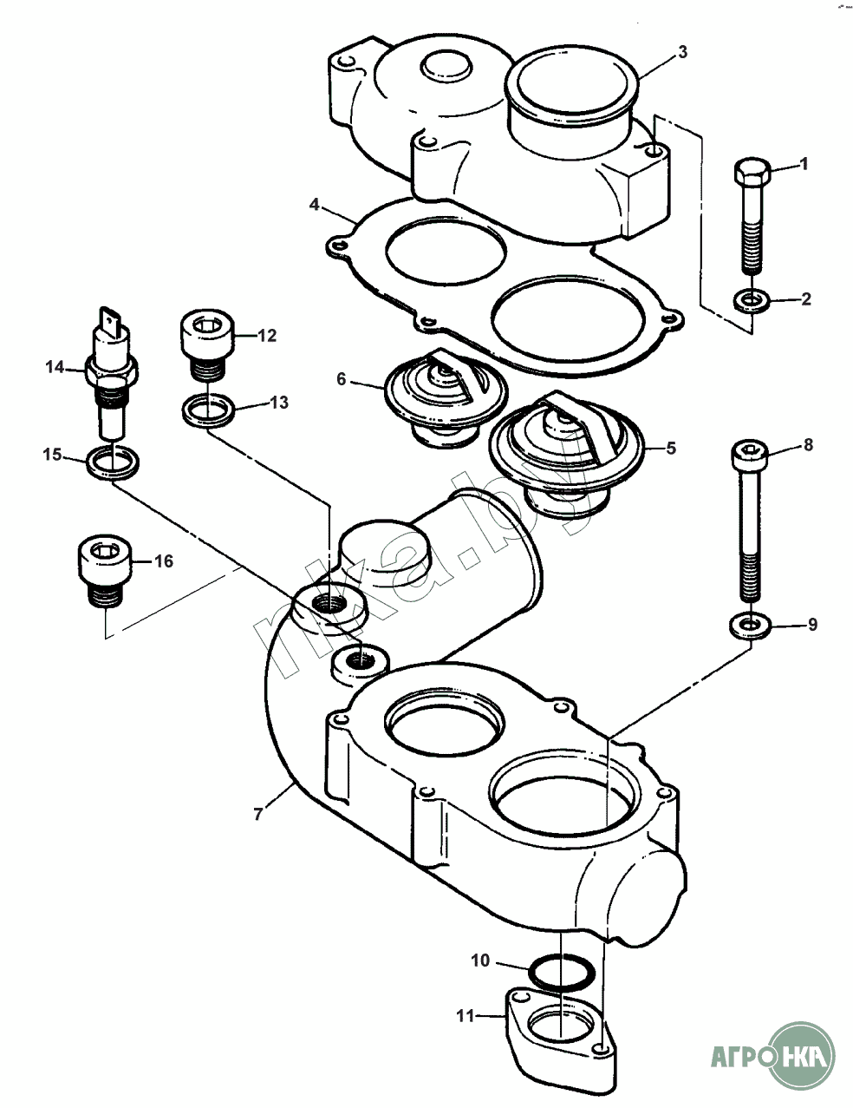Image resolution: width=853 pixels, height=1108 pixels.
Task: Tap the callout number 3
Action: click(682, 53)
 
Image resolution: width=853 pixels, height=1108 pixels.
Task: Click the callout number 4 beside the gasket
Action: click(315, 205)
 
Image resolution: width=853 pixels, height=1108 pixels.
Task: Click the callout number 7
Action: click(257, 814)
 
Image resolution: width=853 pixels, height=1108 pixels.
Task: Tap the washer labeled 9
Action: click(750, 625)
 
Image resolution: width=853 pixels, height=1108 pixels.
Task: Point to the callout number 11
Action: click(466, 1014)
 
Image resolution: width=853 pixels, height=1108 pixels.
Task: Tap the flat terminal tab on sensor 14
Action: click(110, 320)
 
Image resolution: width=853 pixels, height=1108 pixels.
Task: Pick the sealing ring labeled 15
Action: click(113, 462)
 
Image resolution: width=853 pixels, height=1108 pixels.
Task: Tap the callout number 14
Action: click(55, 368)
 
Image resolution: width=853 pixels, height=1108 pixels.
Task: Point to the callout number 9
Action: click(812, 625)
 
